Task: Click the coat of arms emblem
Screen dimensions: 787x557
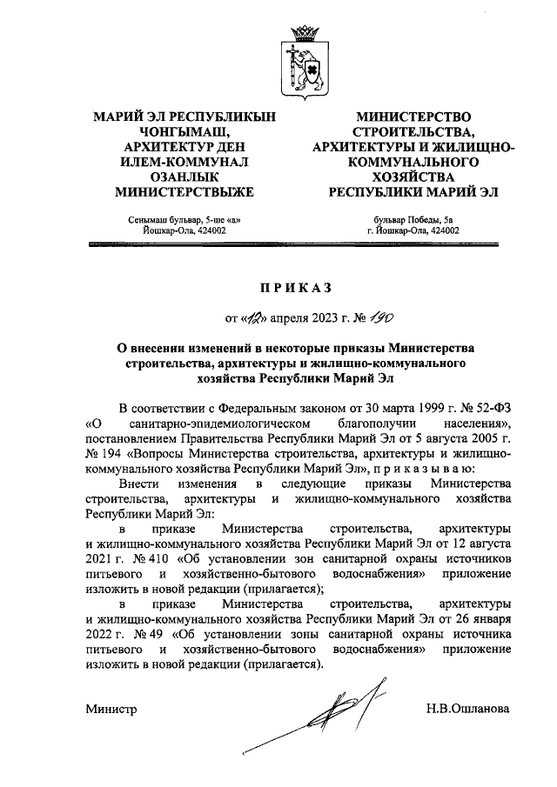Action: (305, 61)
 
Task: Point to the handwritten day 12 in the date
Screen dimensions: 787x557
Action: (252, 317)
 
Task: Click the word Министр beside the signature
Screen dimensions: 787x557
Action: (111, 709)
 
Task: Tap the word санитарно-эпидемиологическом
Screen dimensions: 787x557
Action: (211, 423)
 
